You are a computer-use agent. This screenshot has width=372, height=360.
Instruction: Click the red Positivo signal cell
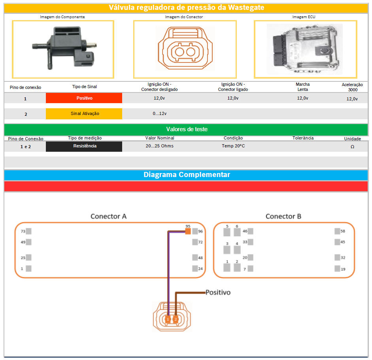coord(84,98)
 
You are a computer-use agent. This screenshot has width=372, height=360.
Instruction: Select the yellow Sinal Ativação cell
coord(84,114)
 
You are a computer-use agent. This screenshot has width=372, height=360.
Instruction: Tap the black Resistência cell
coord(84,146)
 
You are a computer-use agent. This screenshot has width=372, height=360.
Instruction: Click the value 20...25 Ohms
coord(159,146)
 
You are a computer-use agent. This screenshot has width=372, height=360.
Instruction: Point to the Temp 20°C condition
coord(233,146)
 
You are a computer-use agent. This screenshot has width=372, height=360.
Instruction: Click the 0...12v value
coord(159,114)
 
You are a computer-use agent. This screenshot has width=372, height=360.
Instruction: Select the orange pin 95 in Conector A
coord(188,231)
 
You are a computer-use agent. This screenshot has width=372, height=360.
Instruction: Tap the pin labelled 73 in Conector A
coord(28,232)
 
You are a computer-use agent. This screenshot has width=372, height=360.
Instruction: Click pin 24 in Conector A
coord(195,269)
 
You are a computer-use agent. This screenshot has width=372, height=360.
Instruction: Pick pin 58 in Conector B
coord(337,232)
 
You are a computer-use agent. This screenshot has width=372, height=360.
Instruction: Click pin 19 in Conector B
coord(337,269)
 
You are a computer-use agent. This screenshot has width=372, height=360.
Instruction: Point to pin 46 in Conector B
coord(250,232)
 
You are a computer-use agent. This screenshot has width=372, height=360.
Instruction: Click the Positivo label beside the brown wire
coord(218,293)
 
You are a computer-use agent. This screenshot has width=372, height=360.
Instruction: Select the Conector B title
coord(283,217)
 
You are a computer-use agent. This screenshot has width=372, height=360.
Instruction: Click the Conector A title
coord(108,217)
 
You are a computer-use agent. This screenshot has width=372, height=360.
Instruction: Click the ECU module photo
coord(305,48)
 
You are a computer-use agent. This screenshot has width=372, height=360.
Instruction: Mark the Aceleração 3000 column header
coord(352,87)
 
